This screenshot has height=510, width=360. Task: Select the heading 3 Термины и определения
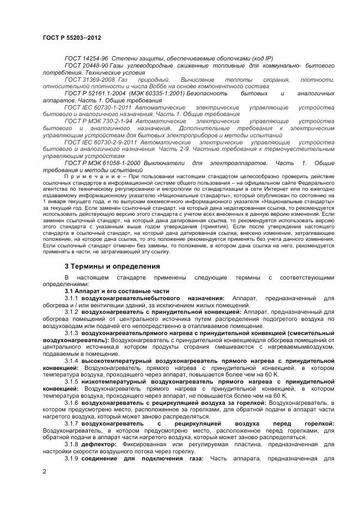tap(112, 266)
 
